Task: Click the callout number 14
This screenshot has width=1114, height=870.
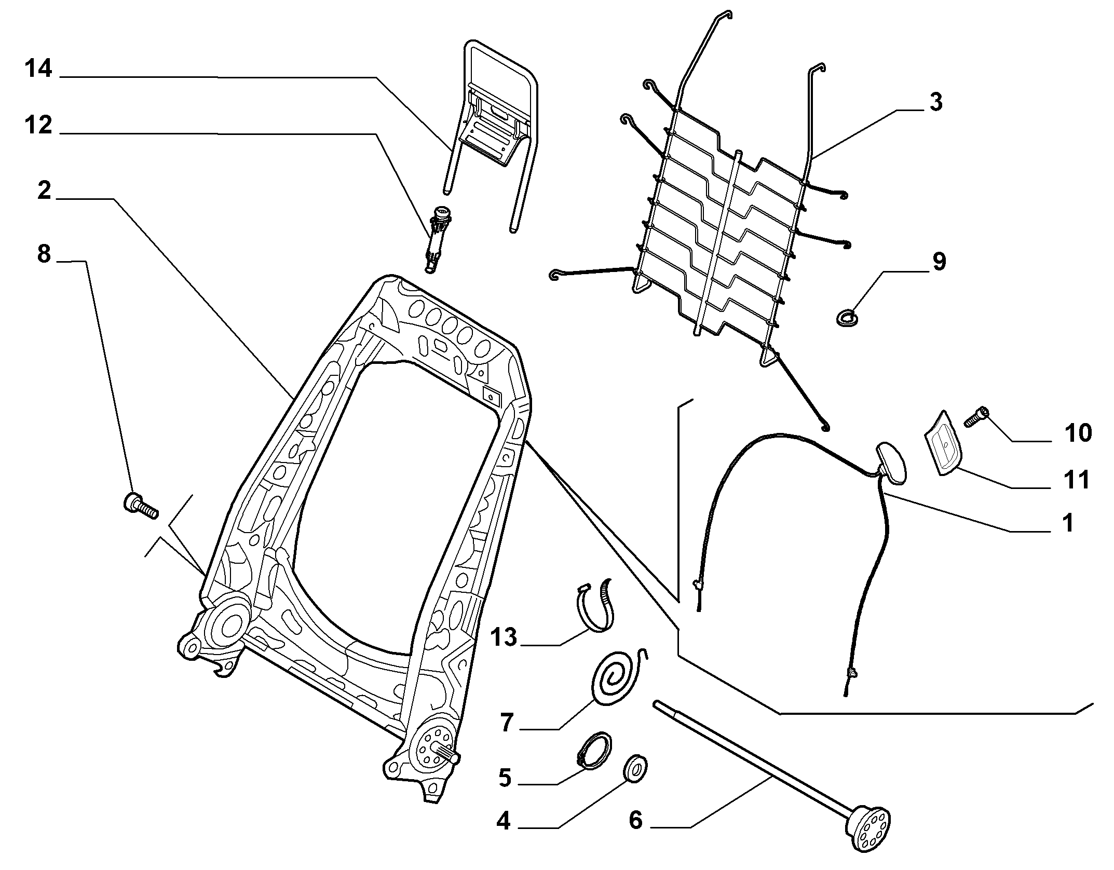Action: [38, 69]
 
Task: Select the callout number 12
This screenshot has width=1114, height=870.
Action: [38, 126]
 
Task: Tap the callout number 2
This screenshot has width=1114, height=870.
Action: [45, 191]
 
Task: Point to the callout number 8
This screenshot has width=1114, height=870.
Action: [44, 254]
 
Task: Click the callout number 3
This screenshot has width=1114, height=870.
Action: [935, 102]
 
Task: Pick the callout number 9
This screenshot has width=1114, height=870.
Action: [939, 262]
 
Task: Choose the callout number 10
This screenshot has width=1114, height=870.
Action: [1078, 432]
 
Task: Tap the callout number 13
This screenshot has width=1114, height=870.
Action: [503, 637]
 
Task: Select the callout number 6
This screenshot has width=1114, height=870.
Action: [635, 821]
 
